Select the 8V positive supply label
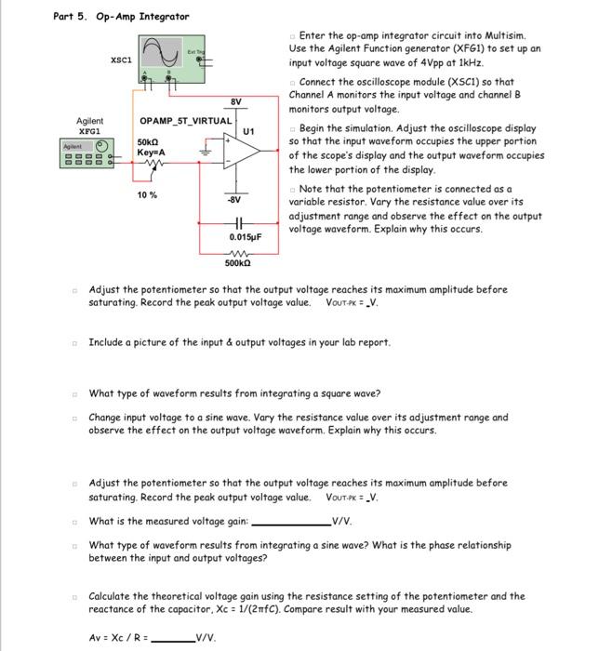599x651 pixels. coord(236,100)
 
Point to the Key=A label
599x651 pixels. coord(151,151)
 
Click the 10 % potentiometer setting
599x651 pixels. coord(147,195)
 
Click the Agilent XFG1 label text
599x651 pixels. coord(90,126)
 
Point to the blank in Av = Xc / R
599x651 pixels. coord(170,636)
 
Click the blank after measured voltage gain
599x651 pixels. coord(291,522)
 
